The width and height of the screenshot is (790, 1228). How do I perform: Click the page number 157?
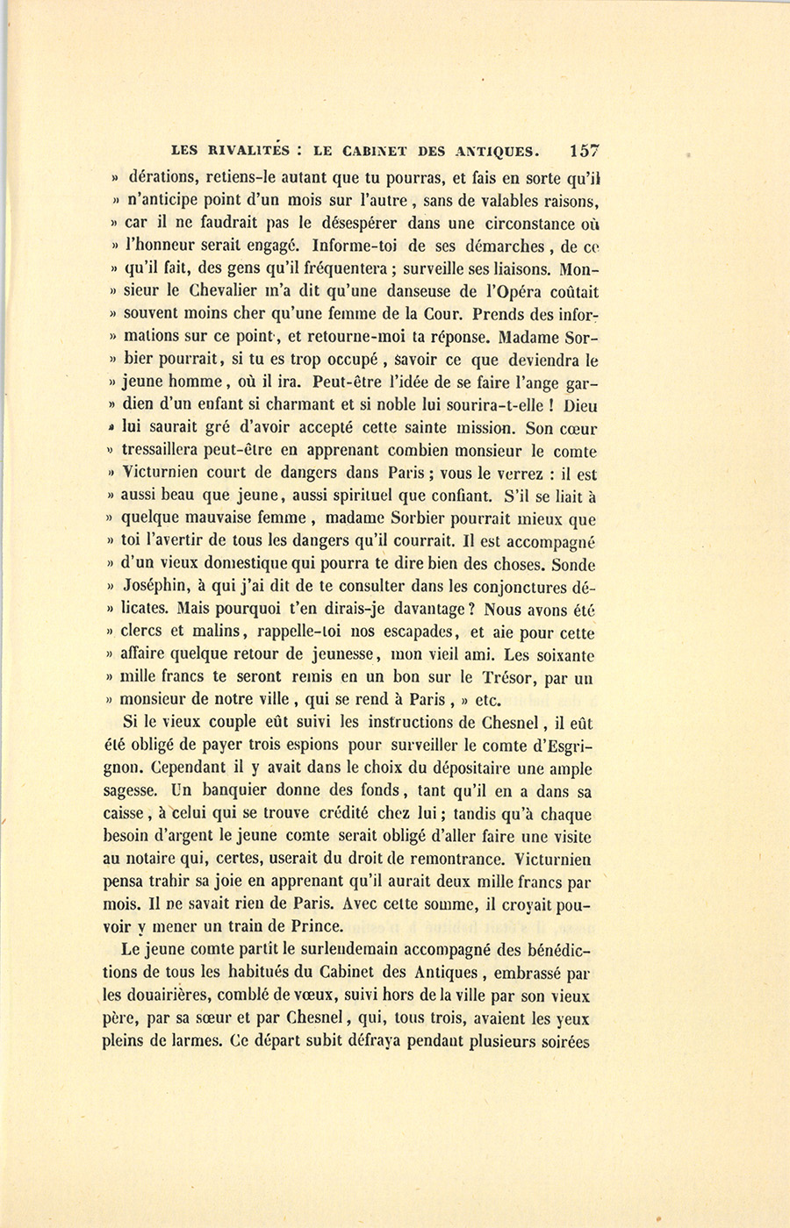point(584,150)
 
